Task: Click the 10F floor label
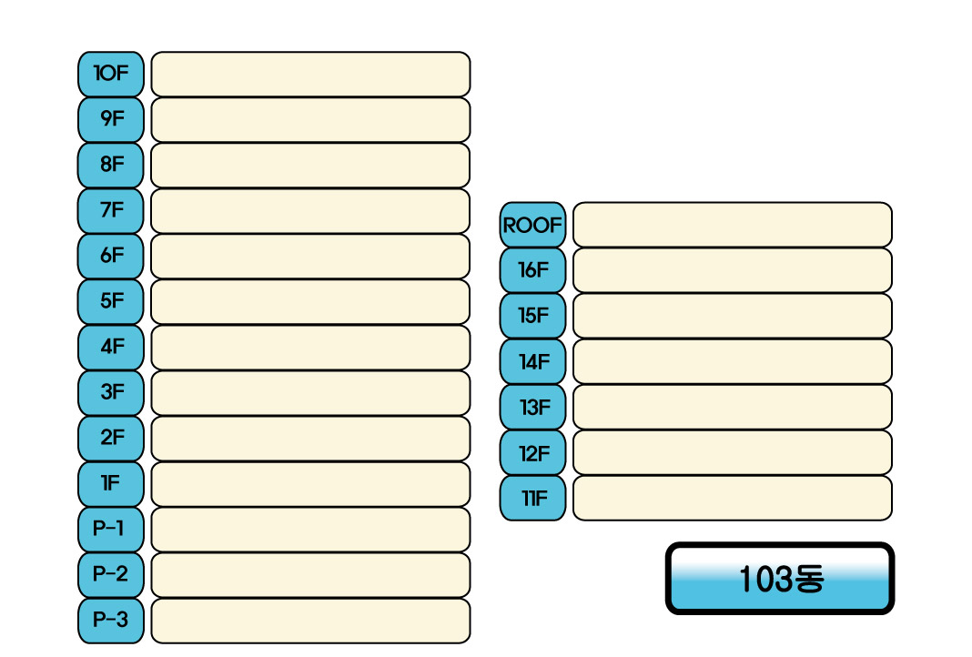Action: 111,74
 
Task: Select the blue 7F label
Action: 111,210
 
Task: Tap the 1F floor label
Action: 111,484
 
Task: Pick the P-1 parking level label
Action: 111,530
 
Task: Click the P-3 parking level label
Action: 111,621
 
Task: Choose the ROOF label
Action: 532,225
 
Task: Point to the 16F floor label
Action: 532,270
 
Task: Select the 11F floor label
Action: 532,498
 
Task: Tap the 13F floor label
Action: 532,407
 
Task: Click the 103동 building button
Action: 780,579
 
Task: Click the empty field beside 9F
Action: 310,119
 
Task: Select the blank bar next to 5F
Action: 310,301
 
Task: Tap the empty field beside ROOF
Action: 732,225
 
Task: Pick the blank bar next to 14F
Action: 732,361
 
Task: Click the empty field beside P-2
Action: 310,575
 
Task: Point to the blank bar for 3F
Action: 310,393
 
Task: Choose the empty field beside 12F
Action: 732,452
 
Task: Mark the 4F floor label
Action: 111,347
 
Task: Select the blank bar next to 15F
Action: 732,316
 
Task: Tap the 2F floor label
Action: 111,439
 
